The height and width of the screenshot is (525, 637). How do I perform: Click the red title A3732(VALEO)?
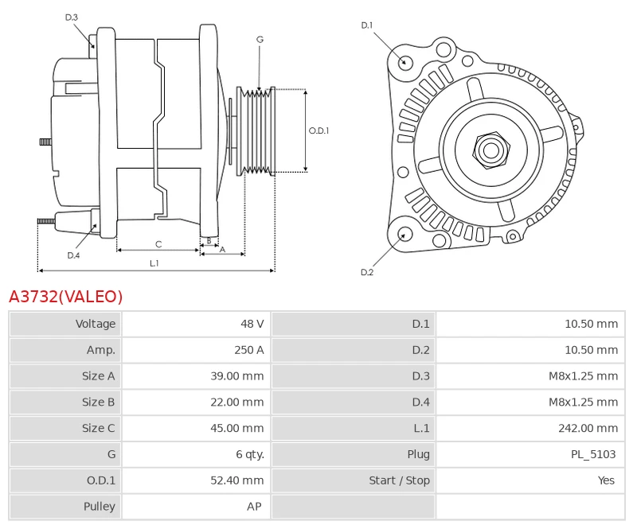point(66,297)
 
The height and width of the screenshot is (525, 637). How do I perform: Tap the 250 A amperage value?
point(249,350)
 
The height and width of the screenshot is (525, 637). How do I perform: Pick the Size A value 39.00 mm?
point(236,376)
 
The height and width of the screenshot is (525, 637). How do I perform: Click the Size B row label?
point(99,402)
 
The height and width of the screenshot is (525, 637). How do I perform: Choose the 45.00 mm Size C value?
point(236,429)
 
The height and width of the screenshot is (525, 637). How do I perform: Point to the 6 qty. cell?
point(249,455)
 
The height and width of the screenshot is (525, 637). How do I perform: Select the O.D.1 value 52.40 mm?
point(236,481)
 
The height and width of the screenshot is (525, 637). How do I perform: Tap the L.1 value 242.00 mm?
point(588,429)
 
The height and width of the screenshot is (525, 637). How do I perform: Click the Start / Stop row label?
point(399,481)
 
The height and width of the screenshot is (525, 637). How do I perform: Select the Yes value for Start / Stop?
point(606,481)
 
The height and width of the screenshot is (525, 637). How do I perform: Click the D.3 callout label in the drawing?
point(72,17)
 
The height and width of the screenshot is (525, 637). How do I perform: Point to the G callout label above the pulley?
point(260,39)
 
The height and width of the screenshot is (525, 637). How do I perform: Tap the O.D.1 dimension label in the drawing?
point(318,131)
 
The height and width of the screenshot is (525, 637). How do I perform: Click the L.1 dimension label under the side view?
point(154,262)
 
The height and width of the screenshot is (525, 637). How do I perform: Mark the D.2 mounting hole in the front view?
point(404,234)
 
